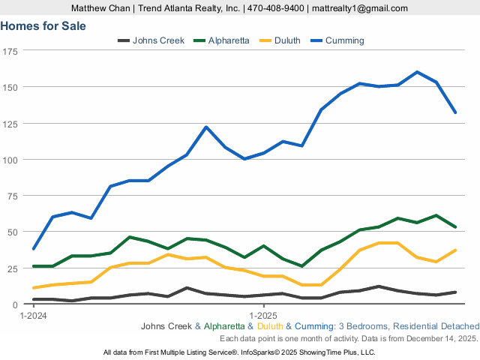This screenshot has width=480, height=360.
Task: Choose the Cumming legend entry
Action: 344,40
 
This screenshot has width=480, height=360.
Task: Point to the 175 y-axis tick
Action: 11,51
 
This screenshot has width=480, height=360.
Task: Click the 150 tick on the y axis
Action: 11,87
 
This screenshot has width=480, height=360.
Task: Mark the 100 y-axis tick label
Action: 11,160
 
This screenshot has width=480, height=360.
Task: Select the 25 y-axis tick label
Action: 13,268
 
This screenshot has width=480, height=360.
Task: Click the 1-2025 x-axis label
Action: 263,315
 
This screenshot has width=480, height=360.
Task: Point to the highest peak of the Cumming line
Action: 417,72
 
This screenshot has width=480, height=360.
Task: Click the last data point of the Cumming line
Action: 455,112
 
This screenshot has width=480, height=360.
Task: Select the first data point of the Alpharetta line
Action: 34,266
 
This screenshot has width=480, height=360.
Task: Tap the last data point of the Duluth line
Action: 455,250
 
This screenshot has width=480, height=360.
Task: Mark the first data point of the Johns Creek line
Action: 34,299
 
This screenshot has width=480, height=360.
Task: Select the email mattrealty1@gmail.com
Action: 360,8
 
